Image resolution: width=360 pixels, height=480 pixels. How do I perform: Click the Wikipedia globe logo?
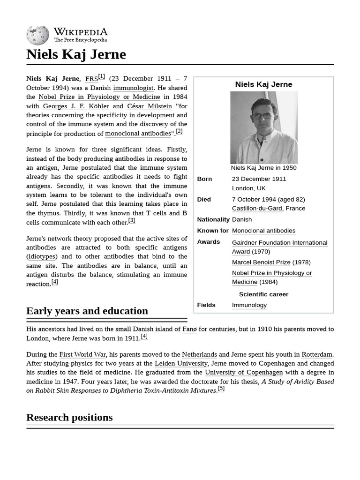tap(37, 35)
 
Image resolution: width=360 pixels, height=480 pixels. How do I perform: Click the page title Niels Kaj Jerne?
tap(76, 54)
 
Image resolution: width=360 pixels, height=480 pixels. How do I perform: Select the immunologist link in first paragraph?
tap(133, 88)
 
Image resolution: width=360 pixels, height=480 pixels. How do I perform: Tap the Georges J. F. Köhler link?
tap(76, 106)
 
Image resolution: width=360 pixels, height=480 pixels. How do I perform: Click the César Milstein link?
tap(150, 106)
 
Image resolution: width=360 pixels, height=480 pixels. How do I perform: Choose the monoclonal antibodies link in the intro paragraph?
tap(138, 134)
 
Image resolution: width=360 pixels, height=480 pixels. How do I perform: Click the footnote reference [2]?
tap(179, 132)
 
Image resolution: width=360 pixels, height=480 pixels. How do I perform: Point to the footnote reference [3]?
tap(132, 220)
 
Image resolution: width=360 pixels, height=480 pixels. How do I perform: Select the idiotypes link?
tap(42, 256)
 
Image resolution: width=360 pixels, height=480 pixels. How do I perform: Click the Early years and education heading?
tap(87, 311)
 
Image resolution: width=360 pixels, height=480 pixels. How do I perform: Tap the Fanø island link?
tap(189, 329)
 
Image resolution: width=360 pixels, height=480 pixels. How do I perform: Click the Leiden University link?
tap(181, 363)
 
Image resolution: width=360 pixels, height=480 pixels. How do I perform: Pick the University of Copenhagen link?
tap(244, 372)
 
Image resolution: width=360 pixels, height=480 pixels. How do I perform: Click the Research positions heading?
tap(69, 417)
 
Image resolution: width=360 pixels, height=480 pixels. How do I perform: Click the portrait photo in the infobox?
tap(263, 127)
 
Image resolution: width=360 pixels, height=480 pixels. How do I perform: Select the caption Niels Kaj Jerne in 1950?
tap(263, 168)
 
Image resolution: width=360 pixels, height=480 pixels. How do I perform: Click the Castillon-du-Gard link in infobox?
tap(257, 208)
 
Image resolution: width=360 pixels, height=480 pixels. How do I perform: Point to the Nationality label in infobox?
tap(213, 219)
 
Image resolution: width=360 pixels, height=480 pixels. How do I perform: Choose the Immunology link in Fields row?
tap(249, 305)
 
